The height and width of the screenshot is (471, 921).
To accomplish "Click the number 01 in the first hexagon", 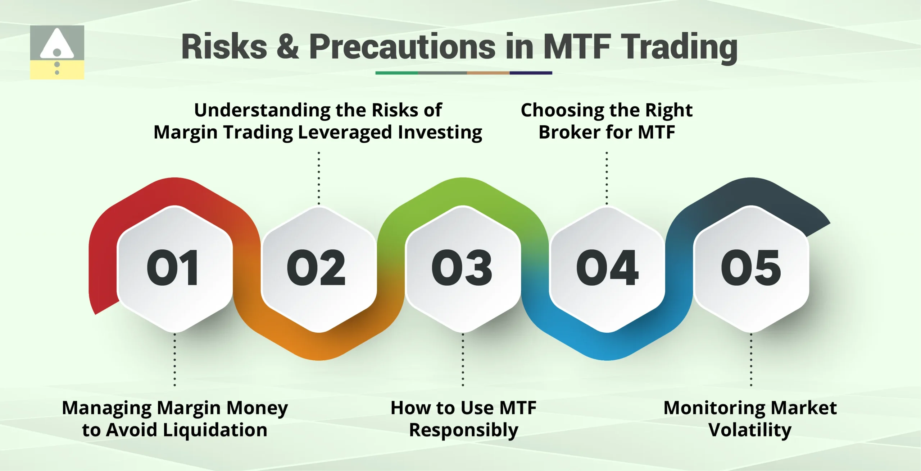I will click(x=173, y=268).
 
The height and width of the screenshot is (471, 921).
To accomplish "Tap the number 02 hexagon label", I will click(x=316, y=268).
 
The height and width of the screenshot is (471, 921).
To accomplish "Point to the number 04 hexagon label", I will click(x=607, y=268).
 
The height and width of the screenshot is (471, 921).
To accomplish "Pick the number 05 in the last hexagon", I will click(x=751, y=268).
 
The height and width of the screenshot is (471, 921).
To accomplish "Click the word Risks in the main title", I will click(x=224, y=47).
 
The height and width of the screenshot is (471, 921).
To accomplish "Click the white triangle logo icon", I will click(x=57, y=45).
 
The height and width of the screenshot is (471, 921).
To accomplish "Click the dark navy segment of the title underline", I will click(x=531, y=73).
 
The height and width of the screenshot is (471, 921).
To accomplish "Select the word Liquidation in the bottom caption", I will click(x=215, y=430).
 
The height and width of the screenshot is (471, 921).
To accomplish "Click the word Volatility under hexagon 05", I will click(x=750, y=430).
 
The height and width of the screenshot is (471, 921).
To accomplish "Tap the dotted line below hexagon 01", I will click(x=175, y=359).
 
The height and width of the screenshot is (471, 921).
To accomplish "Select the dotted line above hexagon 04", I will click(x=607, y=178).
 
